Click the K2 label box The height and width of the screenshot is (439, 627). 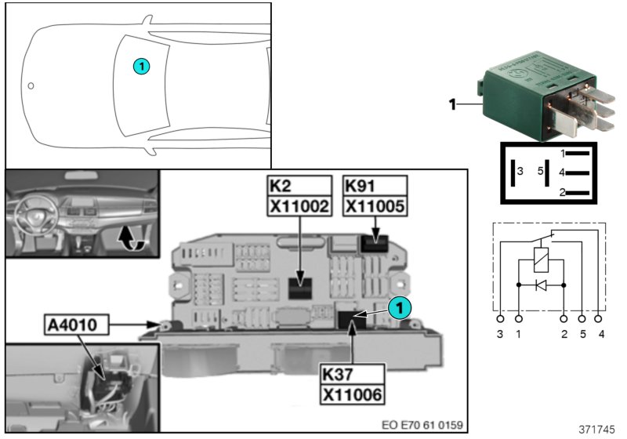[299, 186]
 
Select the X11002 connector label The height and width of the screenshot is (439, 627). [299, 206]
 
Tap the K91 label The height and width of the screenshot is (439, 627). [375, 186]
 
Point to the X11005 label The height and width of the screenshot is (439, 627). [375, 206]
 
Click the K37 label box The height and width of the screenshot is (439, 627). [352, 374]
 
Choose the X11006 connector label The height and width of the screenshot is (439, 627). [352, 394]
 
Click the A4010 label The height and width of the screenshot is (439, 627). [76, 325]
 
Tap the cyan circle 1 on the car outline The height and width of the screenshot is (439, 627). [142, 66]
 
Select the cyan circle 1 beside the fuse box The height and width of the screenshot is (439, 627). [399, 308]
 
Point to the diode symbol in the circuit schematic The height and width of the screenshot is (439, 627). [541, 285]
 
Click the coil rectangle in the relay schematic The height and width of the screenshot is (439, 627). [541, 260]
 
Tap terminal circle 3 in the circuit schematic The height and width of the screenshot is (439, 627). [500, 319]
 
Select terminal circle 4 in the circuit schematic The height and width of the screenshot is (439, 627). [598, 319]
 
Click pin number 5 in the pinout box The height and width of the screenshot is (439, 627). [540, 171]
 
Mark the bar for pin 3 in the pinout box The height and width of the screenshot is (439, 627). [513, 172]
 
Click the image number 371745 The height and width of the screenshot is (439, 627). [597, 430]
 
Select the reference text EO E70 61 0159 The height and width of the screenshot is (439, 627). [422, 425]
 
